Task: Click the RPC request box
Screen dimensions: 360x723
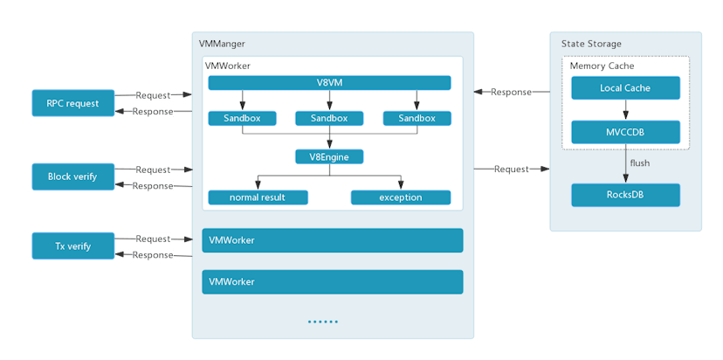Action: [73, 103]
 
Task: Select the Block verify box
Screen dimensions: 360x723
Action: [73, 177]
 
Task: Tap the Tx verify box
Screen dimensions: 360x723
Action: [73, 246]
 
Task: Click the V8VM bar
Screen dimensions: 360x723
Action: [329, 83]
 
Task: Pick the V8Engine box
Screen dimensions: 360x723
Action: [329, 157]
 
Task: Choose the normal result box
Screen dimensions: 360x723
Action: [258, 197]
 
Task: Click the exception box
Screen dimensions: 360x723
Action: [401, 197]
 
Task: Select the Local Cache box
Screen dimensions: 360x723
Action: [625, 88]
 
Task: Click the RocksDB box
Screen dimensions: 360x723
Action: [625, 195]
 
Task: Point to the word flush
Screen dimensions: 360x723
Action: [640, 163]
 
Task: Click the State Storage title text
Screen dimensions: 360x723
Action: [592, 44]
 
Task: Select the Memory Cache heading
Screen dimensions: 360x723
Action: [602, 66]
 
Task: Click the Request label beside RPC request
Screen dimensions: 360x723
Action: [153, 94]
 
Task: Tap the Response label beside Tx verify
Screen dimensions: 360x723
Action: [153, 255]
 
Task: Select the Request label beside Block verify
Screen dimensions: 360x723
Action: [153, 170]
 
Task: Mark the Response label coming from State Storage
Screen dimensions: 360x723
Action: [511, 92]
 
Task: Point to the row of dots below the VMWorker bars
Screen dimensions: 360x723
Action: [322, 322]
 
